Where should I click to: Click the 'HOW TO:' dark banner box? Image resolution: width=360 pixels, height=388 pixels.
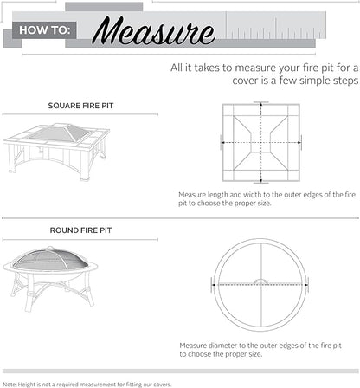41,32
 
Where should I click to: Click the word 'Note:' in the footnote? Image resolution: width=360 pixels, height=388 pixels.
10,382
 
